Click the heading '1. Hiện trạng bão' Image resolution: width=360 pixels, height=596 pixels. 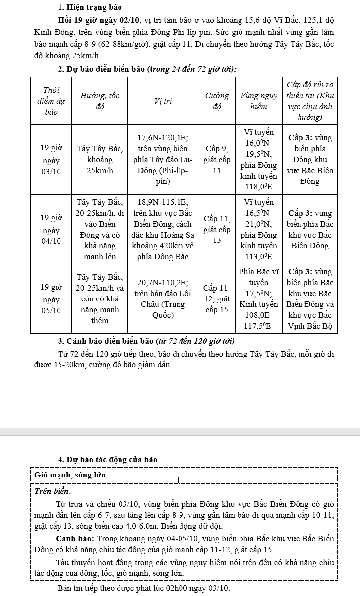click(x=89, y=7)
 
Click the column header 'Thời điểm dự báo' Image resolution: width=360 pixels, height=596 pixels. click(x=51, y=101)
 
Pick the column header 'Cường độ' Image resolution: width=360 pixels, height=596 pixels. click(x=217, y=101)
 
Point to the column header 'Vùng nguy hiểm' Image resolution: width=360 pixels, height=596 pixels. click(x=258, y=101)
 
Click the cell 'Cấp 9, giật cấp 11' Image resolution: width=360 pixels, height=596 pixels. click(x=217, y=160)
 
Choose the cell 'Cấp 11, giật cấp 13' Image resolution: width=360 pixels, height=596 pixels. click(x=217, y=230)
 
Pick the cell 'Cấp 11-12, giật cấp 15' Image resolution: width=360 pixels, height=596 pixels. click(x=217, y=299)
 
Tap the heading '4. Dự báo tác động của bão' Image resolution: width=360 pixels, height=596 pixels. click(x=108, y=460)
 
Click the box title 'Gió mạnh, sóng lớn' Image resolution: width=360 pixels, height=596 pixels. click(x=70, y=475)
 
